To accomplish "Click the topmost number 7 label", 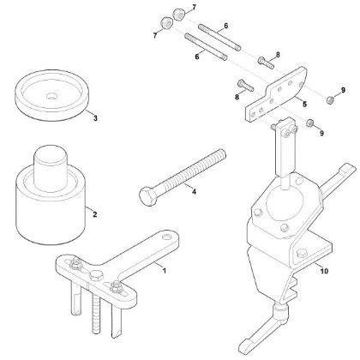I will (193, 7).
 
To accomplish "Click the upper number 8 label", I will (277, 53).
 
